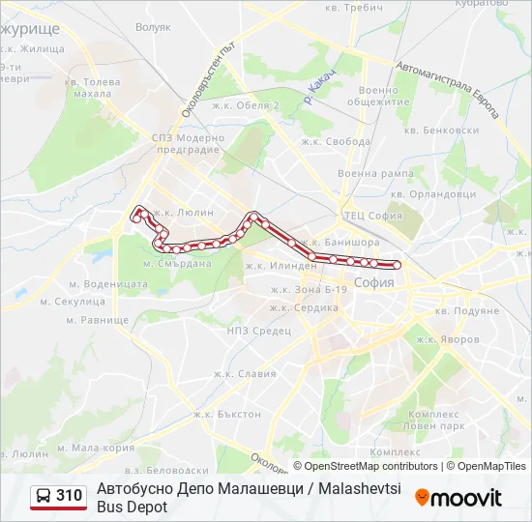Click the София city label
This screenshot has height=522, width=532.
coord(373,283)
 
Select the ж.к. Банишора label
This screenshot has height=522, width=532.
coord(339,242)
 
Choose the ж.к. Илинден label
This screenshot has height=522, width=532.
coord(281,265)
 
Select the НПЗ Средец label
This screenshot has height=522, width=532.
coord(258,331)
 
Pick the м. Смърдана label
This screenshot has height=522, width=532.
coord(177,263)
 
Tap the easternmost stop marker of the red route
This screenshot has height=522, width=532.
coord(397,264)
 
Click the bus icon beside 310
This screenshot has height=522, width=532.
coord(43,497)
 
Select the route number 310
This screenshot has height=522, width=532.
coord(69,496)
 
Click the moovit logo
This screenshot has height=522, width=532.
coord(458,498)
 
